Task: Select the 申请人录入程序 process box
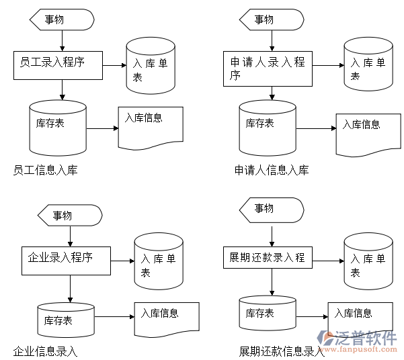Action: (x=268, y=69)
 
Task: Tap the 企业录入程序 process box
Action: (x=65, y=261)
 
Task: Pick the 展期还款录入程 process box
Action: (x=268, y=257)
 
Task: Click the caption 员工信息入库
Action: (x=45, y=170)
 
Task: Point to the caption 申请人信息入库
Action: (x=272, y=170)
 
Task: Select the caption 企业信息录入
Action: (x=45, y=351)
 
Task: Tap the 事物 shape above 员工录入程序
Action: (x=62, y=19)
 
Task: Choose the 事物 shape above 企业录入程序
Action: (x=70, y=216)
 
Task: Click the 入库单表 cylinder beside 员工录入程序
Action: (x=151, y=66)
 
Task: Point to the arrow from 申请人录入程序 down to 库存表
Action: (x=272, y=93)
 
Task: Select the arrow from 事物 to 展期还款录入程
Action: (x=272, y=235)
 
